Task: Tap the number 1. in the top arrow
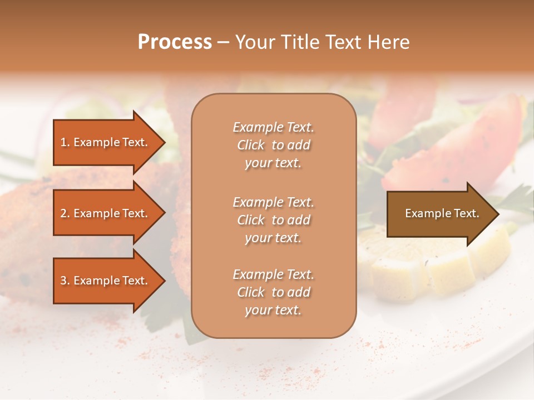click(65, 142)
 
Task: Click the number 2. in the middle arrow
click(65, 213)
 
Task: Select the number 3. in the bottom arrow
click(65, 281)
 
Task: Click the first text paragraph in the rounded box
click(273, 145)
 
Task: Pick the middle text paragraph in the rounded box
click(273, 220)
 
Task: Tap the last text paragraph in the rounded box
click(273, 292)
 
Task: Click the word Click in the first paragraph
click(251, 145)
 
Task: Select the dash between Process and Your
click(223, 43)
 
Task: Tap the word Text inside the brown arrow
click(467, 213)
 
